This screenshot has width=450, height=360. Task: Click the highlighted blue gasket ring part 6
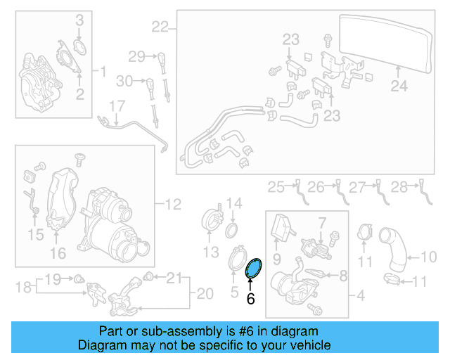point(253,267)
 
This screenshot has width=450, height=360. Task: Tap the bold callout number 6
point(250,298)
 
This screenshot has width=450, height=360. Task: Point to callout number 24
point(399,86)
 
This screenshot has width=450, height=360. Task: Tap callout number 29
point(136,56)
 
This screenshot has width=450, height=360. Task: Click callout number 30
point(124,82)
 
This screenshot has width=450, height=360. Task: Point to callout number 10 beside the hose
point(428,257)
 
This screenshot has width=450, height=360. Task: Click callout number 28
point(399,186)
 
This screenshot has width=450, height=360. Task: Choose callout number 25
point(276,186)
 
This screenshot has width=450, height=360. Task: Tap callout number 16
point(58,252)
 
